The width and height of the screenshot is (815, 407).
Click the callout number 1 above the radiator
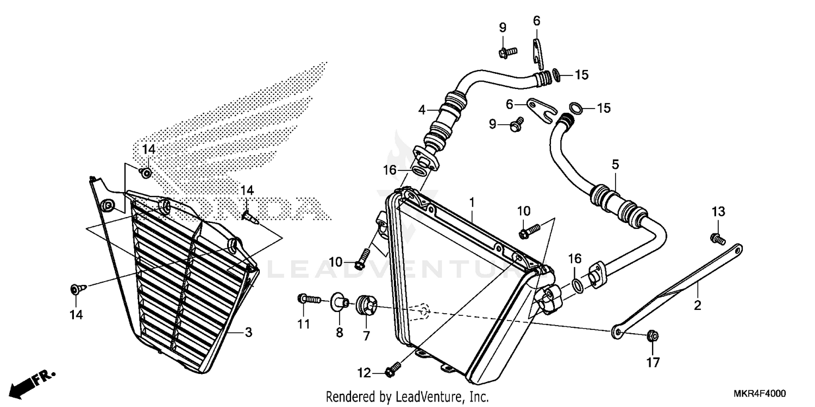click(472, 202)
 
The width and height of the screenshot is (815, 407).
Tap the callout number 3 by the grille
click(248, 332)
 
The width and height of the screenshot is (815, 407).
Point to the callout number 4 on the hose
click(422, 110)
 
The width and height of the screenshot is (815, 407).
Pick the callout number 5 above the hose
click(615, 163)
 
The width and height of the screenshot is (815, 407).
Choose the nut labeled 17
click(653, 336)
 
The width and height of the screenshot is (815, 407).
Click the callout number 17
click(653, 362)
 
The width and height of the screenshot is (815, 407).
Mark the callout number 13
click(718, 211)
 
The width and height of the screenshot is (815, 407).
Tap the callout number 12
click(363, 373)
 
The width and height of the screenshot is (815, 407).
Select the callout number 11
click(303, 325)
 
